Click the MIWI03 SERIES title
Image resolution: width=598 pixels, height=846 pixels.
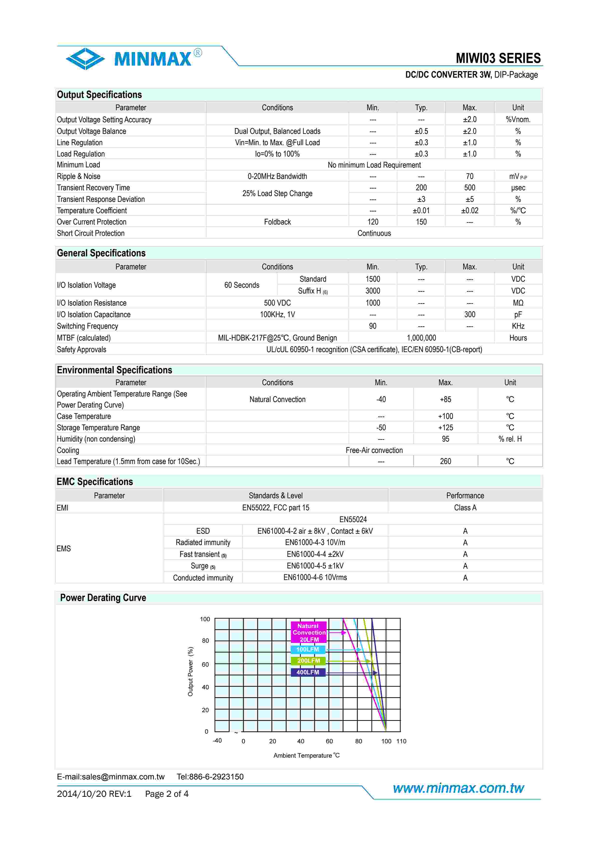point(498,58)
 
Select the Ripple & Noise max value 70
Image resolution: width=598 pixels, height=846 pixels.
point(469,177)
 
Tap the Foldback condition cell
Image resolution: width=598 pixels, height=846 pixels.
point(277,222)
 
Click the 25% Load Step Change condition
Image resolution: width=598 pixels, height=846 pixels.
point(277,193)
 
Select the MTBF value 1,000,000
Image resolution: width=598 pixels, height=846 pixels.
point(421,338)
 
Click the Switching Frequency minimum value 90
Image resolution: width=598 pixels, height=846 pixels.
point(372,326)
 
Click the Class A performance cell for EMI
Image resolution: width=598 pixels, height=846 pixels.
point(465,508)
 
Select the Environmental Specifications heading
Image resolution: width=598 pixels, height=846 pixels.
point(114,370)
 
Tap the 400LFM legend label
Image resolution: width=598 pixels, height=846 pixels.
point(308,672)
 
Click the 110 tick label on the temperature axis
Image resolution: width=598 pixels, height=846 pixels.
point(401,741)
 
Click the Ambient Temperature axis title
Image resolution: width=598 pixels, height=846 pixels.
point(306,755)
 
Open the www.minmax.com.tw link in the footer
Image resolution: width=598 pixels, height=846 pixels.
point(458,788)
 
